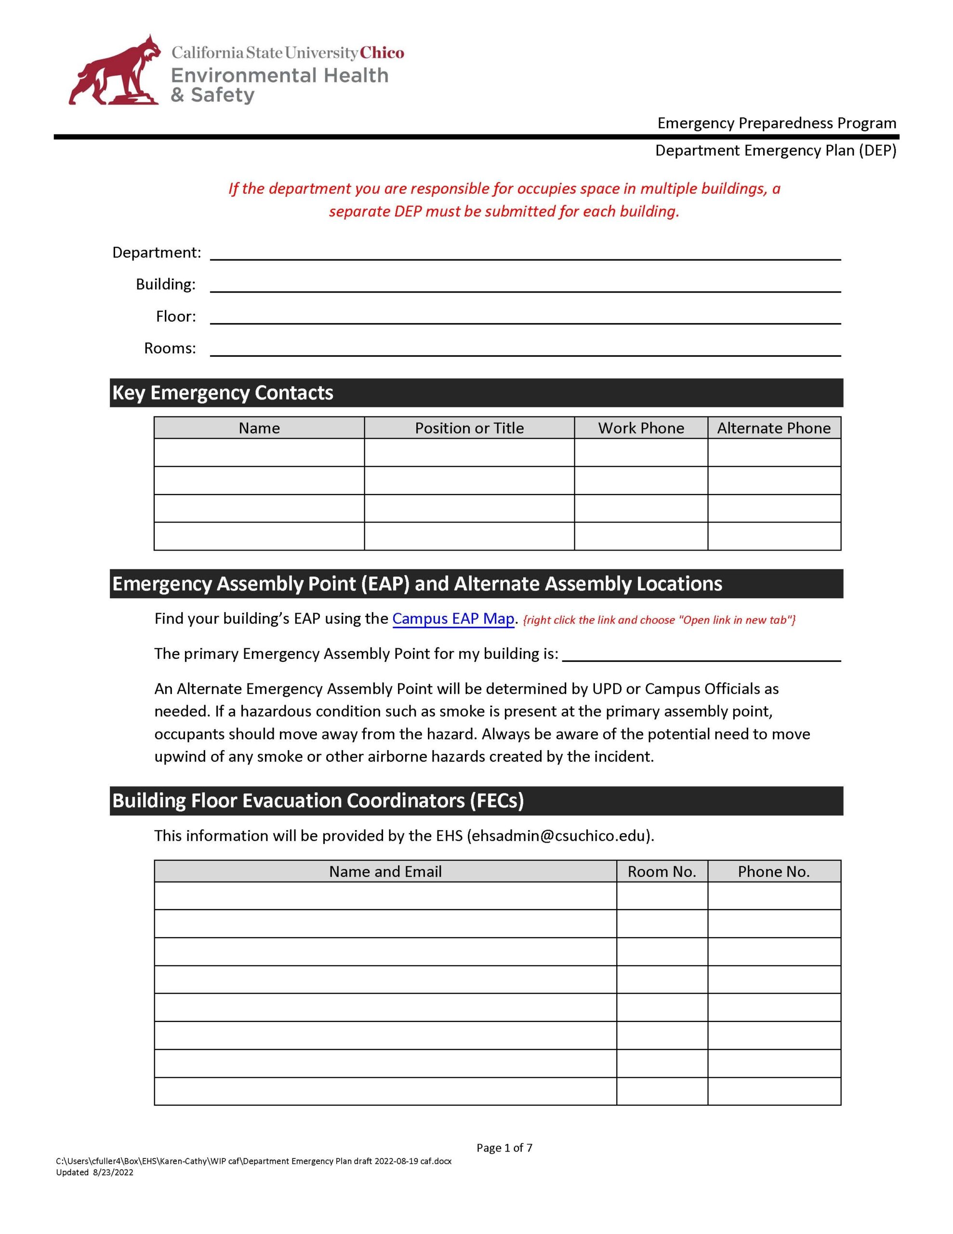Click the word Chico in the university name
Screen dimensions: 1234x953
tap(383, 53)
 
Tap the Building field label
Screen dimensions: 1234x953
tap(166, 284)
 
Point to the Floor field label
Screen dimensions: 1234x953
tap(176, 316)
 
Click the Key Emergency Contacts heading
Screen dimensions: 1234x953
tap(223, 393)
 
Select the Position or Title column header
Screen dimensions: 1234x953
tap(469, 428)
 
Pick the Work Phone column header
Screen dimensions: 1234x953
tap(641, 428)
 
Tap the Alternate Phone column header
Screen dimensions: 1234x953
tap(773, 428)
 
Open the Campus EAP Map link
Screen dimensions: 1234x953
tap(453, 619)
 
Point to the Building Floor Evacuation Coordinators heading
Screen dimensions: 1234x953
tap(318, 801)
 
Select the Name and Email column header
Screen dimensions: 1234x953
tap(385, 872)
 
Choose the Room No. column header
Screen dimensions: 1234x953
tap(662, 872)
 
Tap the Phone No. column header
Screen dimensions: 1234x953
tap(773, 872)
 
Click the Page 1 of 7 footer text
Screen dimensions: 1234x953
tap(504, 1148)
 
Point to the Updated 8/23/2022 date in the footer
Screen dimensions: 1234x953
tap(95, 1172)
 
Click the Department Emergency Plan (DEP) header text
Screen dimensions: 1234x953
tap(775, 151)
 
